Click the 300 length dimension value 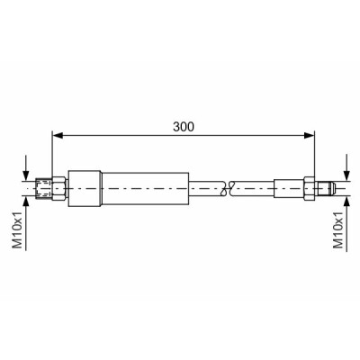[184, 127]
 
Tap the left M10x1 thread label [17, 229]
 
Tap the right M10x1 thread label [338, 229]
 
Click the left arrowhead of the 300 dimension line [58, 136]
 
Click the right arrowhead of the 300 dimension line [309, 136]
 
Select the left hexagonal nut [59, 188]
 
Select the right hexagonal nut [310, 188]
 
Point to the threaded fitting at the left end [44, 188]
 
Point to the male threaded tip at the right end [325, 188]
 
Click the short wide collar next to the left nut [85, 188]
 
